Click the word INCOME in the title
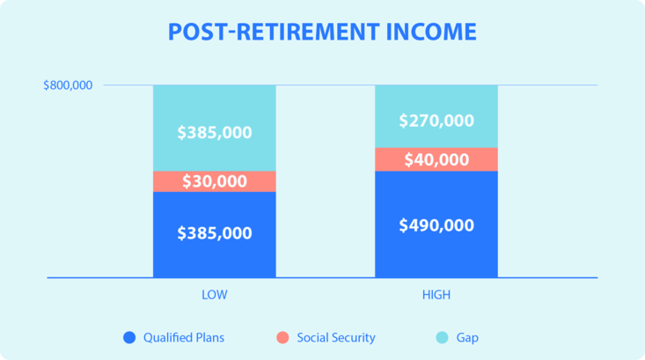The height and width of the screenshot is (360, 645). [431, 32]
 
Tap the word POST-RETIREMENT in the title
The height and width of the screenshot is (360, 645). [274, 32]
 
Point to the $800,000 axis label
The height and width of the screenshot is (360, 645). [68, 85]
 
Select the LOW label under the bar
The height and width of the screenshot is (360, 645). [215, 295]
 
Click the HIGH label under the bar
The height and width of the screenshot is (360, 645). [436, 295]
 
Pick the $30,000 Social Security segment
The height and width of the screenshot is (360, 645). [215, 181]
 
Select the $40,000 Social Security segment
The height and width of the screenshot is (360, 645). [436, 159]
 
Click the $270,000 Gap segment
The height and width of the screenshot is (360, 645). [436, 116]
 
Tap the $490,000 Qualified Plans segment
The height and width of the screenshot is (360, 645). [436, 224]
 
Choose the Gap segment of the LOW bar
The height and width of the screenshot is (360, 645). [215, 128]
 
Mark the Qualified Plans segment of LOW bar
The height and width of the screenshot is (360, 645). [215, 234]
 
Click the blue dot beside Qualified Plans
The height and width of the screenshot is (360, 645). [129, 337]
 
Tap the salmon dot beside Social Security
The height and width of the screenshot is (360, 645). [282, 337]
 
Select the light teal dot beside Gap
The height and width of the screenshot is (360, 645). [443, 337]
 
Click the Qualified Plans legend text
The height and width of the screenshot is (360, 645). [184, 338]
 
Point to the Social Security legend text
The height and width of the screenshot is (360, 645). [336, 338]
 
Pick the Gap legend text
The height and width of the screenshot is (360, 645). [467, 338]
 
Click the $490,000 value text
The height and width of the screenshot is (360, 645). [436, 225]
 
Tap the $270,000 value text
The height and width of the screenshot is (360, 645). [436, 121]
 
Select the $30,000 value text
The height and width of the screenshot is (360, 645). [215, 181]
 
